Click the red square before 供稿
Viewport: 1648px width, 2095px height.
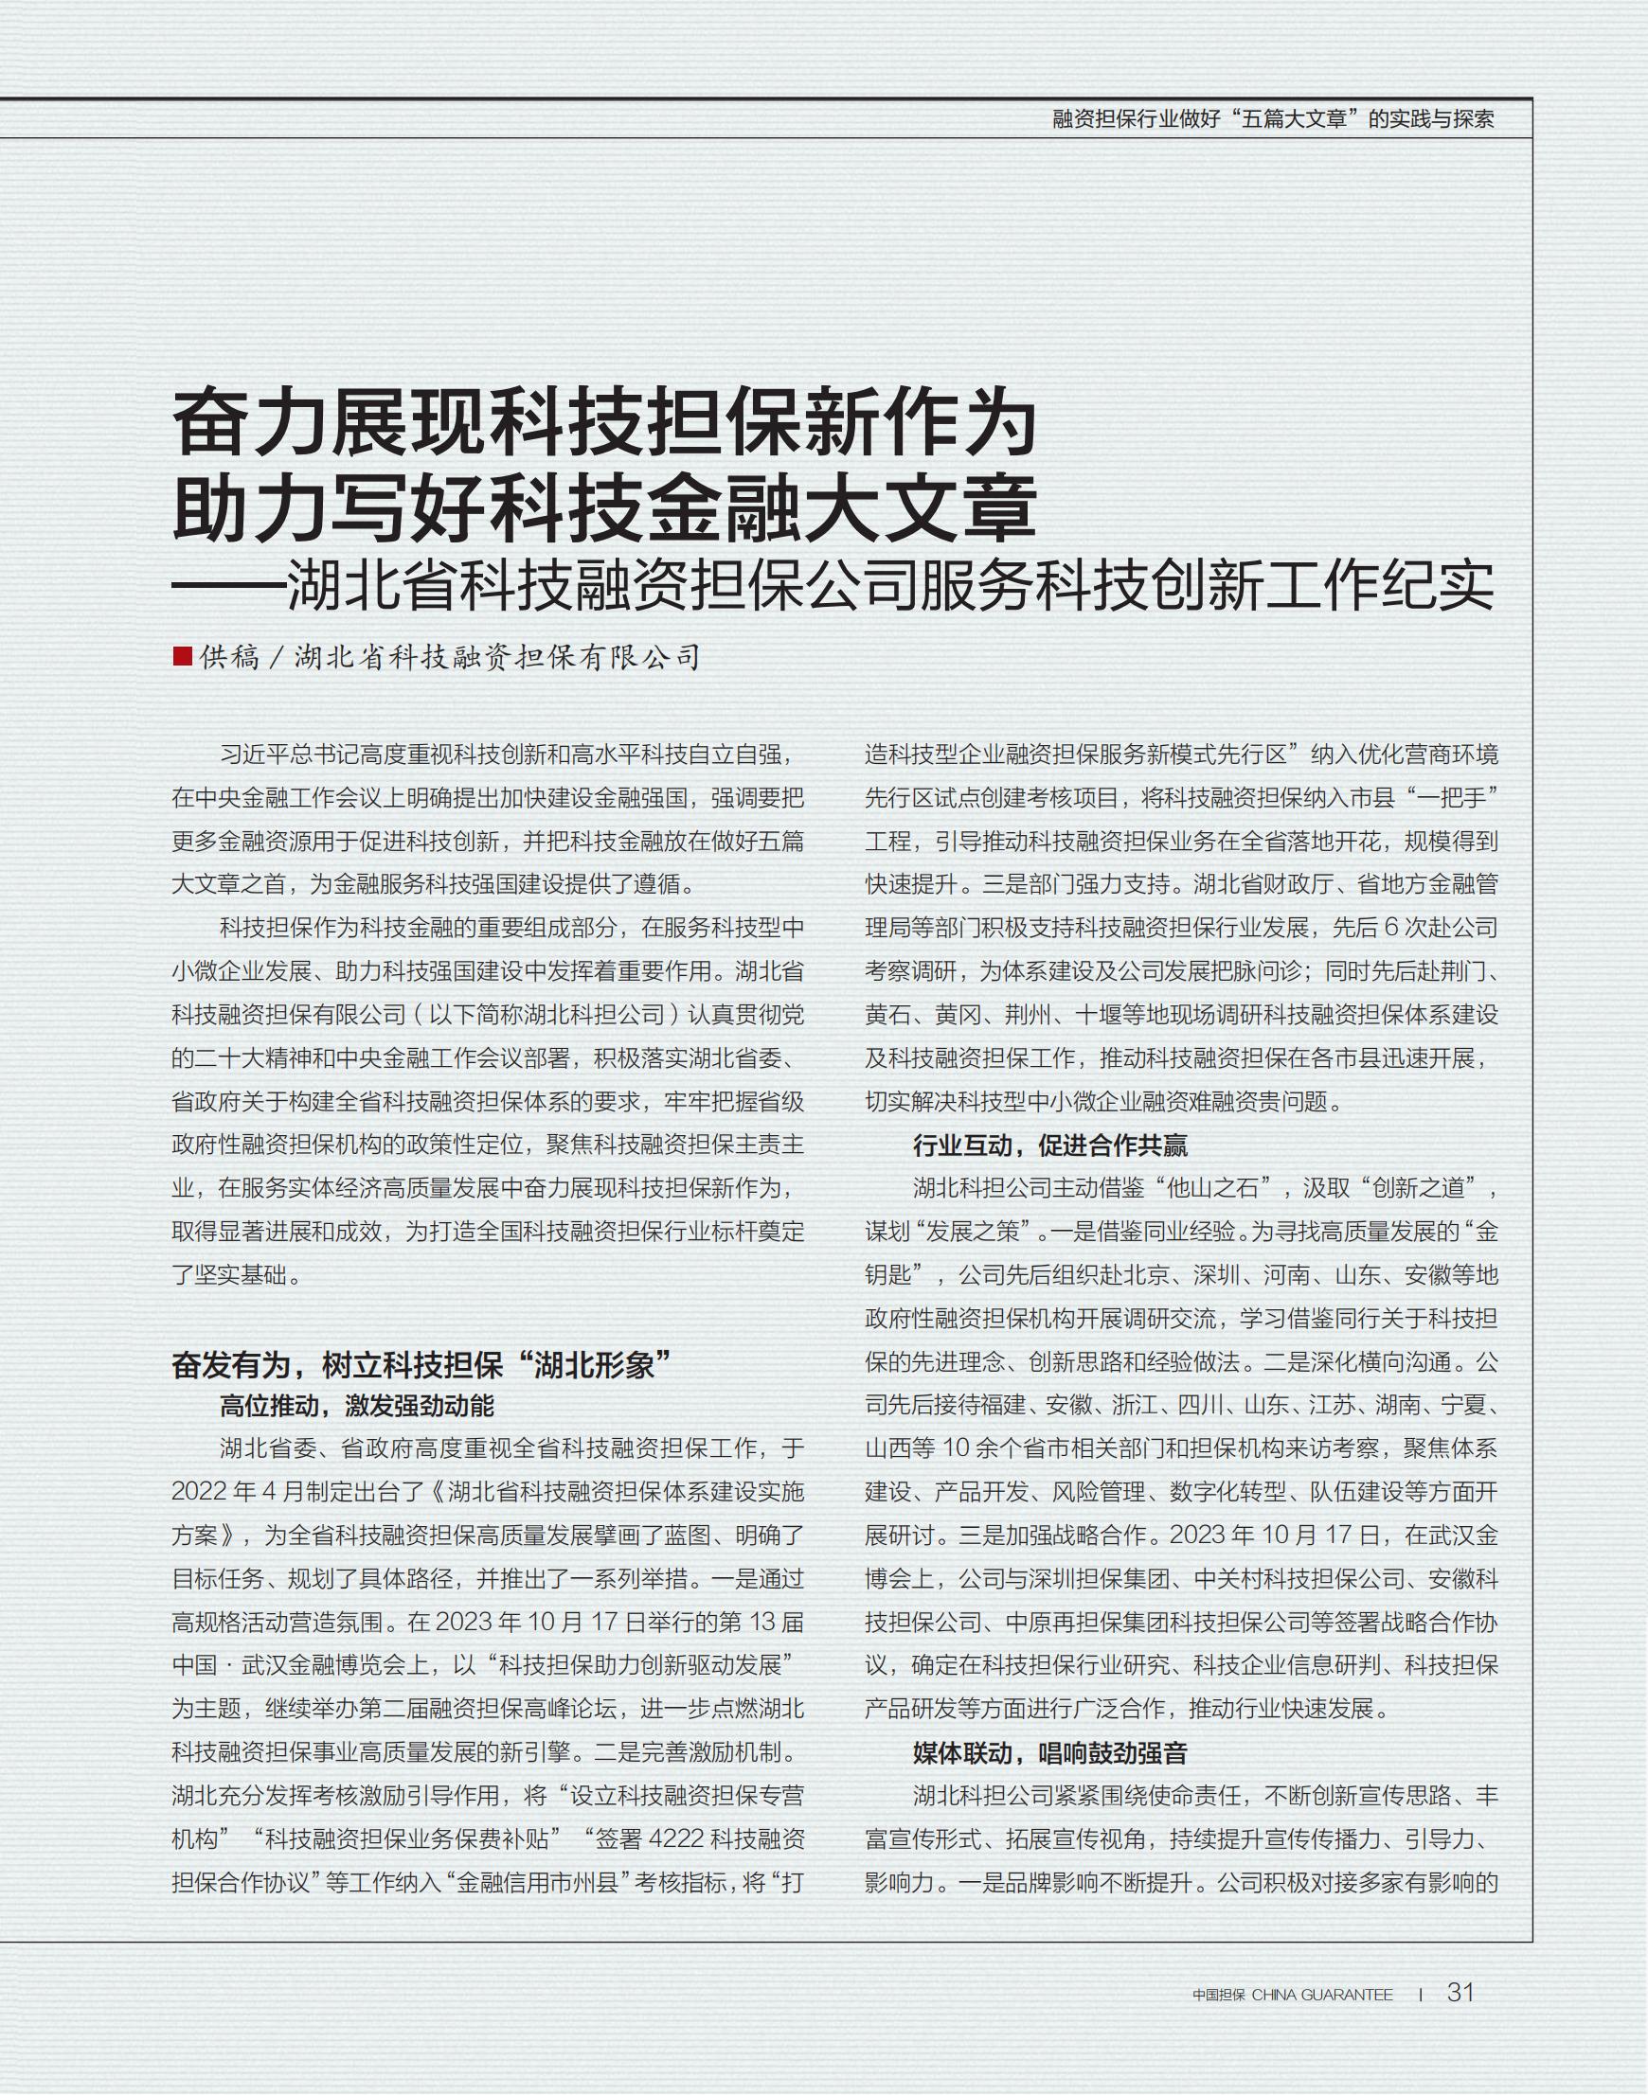(x=182, y=656)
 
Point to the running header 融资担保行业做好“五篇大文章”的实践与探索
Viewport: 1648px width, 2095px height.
(x=1273, y=119)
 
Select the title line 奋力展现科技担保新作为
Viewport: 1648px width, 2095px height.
(x=604, y=421)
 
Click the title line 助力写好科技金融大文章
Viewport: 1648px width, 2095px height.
(x=604, y=507)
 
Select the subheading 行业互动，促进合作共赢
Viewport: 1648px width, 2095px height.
(x=1049, y=1145)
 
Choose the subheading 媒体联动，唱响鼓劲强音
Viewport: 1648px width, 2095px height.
(x=1049, y=1752)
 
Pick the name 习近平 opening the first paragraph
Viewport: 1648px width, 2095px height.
(x=254, y=755)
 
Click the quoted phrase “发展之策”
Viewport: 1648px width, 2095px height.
(x=974, y=1232)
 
